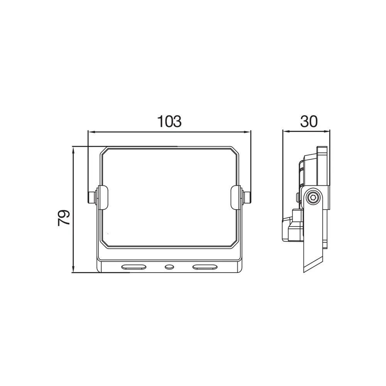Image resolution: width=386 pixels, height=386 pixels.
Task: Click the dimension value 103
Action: pyautogui.click(x=169, y=121)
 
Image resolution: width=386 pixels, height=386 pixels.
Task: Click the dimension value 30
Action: pyautogui.click(x=309, y=121)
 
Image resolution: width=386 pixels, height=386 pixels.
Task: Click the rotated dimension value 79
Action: pyautogui.click(x=64, y=218)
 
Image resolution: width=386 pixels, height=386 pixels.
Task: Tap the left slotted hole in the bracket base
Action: pyautogui.click(x=134, y=267)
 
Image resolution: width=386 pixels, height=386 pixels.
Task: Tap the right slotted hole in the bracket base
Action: pyautogui.click(x=205, y=267)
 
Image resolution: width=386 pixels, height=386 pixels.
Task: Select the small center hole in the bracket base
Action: pyautogui.click(x=169, y=267)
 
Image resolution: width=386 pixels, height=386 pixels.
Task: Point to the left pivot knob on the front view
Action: pyautogui.click(x=92, y=198)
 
